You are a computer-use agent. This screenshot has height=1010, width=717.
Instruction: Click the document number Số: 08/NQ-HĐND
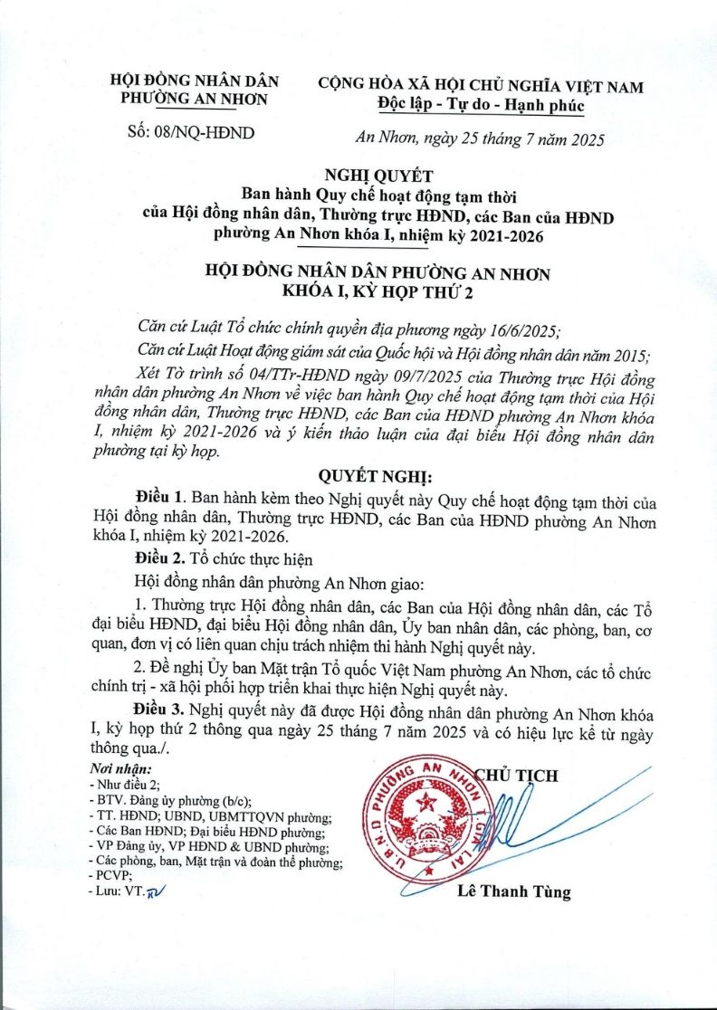[193, 132]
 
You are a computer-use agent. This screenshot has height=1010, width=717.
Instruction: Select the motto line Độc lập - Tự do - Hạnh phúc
[481, 106]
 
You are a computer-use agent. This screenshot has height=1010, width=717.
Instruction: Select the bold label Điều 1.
[160, 499]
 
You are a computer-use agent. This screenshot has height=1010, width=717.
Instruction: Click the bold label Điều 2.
[160, 557]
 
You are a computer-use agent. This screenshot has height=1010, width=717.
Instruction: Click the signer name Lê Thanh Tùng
[513, 892]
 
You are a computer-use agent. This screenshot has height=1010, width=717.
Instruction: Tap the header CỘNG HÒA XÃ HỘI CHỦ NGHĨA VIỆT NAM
[481, 87]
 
